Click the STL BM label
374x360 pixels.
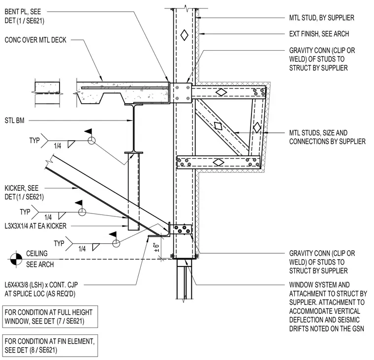coord(15,120)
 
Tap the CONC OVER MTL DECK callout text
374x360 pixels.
coord(35,40)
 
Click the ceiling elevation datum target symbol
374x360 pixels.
coord(16,259)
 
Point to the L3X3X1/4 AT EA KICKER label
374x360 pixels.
coord(35,226)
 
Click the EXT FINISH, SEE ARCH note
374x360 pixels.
coord(319,34)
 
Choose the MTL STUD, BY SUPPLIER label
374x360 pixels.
coord(321,18)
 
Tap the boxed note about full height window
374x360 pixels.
coord(50,317)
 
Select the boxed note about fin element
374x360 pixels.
coord(50,346)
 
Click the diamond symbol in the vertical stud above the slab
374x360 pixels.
coord(184,35)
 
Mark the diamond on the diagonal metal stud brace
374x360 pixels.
coord(218,125)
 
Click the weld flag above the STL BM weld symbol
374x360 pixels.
coord(89,131)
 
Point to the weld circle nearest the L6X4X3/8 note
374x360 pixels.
coord(116,243)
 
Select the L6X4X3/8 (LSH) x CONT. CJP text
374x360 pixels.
coord(41,285)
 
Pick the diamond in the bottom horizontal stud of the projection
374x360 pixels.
coord(218,162)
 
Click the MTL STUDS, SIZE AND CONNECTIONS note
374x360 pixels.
coord(327,137)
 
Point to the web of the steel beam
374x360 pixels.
coord(133,128)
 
